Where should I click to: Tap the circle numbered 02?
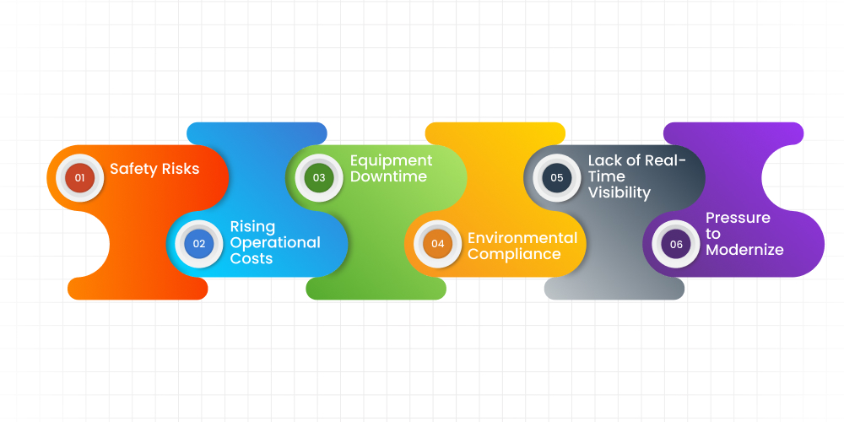tap(199, 244)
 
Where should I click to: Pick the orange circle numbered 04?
tap(437, 244)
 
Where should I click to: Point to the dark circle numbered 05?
tap(557, 178)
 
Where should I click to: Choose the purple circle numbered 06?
tap(676, 244)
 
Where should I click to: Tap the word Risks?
tap(180, 169)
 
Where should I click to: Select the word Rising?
tap(252, 226)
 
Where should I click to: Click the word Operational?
tap(275, 242)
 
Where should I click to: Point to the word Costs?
tap(252, 258)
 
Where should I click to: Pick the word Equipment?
tap(391, 160)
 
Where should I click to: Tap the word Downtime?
tap(388, 176)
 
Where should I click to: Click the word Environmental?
tap(522, 237)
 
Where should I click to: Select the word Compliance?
tap(514, 253)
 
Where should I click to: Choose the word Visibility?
tap(619, 192)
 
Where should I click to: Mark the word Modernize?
tap(744, 249)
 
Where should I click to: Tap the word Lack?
tap(605, 160)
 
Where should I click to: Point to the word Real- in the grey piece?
tap(666, 160)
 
